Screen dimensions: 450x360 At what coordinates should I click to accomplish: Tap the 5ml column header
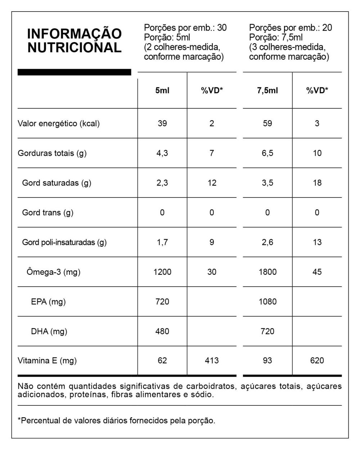tap(162, 91)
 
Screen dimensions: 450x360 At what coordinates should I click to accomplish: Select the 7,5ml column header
tap(267, 91)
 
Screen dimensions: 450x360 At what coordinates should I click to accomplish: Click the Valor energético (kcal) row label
tap(59, 124)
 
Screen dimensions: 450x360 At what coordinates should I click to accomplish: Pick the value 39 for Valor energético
tap(162, 123)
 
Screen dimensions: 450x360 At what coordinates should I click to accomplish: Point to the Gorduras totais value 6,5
tap(267, 153)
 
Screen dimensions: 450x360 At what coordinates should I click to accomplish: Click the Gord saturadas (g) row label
tap(57, 183)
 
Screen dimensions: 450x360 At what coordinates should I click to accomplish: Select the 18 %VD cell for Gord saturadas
tap(317, 183)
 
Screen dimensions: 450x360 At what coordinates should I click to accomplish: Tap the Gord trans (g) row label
tap(48, 213)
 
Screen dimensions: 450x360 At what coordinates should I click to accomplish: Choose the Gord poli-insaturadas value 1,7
tap(162, 242)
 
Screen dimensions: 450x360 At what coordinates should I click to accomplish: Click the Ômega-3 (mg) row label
tap(53, 272)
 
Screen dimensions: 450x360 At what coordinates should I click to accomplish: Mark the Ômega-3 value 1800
tap(267, 272)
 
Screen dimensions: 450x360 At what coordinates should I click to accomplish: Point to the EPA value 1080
tap(267, 302)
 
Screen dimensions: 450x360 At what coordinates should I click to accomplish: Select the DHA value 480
tap(162, 331)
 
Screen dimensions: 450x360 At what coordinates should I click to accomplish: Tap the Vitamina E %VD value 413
tap(212, 360)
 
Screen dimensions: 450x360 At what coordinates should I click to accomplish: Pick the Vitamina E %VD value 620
tap(317, 360)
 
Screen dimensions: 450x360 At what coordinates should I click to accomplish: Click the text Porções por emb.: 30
tap(185, 28)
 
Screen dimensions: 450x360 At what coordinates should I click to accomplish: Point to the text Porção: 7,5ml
tap(276, 37)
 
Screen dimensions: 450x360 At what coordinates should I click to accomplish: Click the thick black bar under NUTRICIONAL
tap(74, 72)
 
